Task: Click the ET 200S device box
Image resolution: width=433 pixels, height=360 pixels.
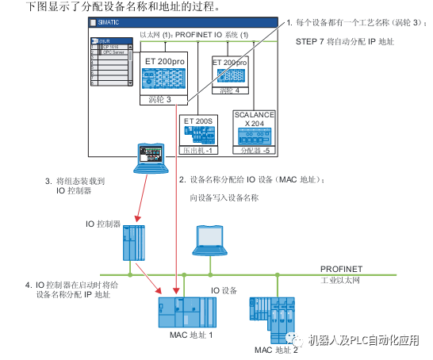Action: click(x=201, y=131)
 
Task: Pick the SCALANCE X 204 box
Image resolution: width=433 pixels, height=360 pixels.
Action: click(x=255, y=129)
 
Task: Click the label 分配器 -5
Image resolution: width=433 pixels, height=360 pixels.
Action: click(x=255, y=149)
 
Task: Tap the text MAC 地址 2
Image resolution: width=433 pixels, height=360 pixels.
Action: click(x=276, y=349)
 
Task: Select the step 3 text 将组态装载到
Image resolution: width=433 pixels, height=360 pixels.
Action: click(x=83, y=181)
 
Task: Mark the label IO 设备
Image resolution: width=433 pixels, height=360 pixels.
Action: click(x=224, y=291)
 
